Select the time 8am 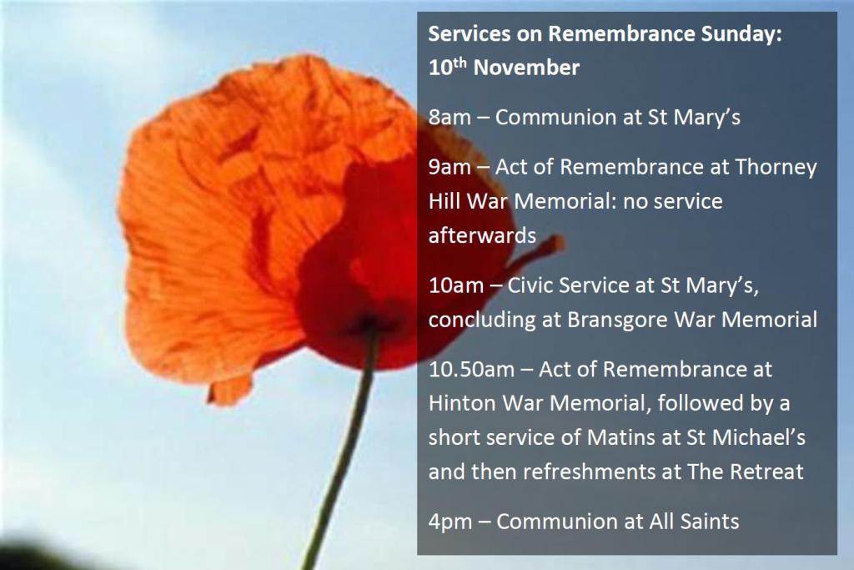point(450,118)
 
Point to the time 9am point(450,168)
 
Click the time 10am point(455,286)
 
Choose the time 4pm point(450,522)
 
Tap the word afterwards point(482,235)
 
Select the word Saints point(706,522)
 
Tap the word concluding point(480,320)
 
